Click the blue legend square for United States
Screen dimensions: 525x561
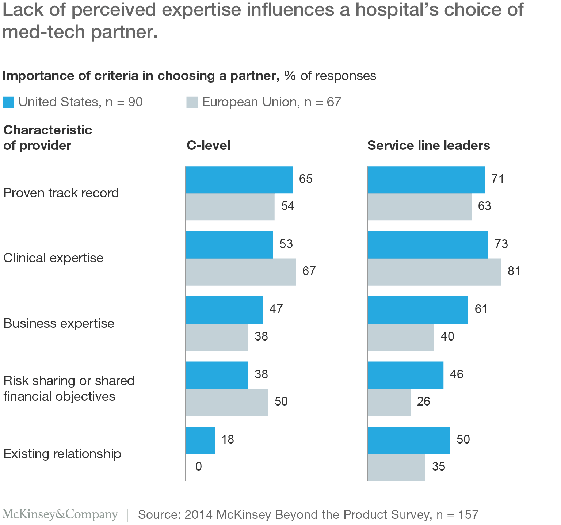[8, 102]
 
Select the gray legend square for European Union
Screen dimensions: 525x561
[192, 102]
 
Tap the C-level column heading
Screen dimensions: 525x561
[209, 145]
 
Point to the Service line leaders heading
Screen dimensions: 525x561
[428, 145]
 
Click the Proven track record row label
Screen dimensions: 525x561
[61, 193]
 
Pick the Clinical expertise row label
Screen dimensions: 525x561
[53, 258]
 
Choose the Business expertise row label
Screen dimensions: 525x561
[59, 323]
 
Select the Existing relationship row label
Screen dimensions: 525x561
[62, 454]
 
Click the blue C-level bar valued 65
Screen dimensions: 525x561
[239, 180]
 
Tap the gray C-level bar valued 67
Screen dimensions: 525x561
[241, 272]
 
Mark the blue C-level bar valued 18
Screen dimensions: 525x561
[201, 440]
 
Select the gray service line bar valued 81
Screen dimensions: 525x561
[434, 272]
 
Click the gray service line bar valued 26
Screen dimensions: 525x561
[389, 402]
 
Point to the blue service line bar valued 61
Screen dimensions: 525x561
[418, 310]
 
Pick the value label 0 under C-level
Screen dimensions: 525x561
[198, 467]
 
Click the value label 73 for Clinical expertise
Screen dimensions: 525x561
[501, 244]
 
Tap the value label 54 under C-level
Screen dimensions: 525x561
[287, 206]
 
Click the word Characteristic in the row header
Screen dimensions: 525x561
[47, 130]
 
